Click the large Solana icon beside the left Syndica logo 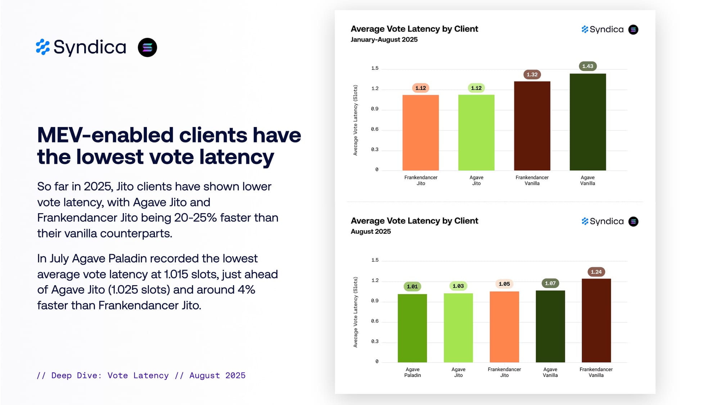point(147,48)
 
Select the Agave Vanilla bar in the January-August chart point(588,122)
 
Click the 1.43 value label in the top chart point(588,66)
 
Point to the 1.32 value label point(532,75)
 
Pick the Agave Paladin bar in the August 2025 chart point(412,328)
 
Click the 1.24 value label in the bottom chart point(596,272)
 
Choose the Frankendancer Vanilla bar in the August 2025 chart point(596,320)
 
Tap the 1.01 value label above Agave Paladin point(412,287)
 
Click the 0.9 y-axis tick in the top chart point(375,109)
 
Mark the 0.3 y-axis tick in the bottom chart point(375,341)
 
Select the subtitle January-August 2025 point(384,40)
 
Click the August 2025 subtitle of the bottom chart point(370,231)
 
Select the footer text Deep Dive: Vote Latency point(110,375)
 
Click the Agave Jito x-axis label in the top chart point(476,180)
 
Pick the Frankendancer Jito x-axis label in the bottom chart point(504,372)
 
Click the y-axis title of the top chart point(355,120)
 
